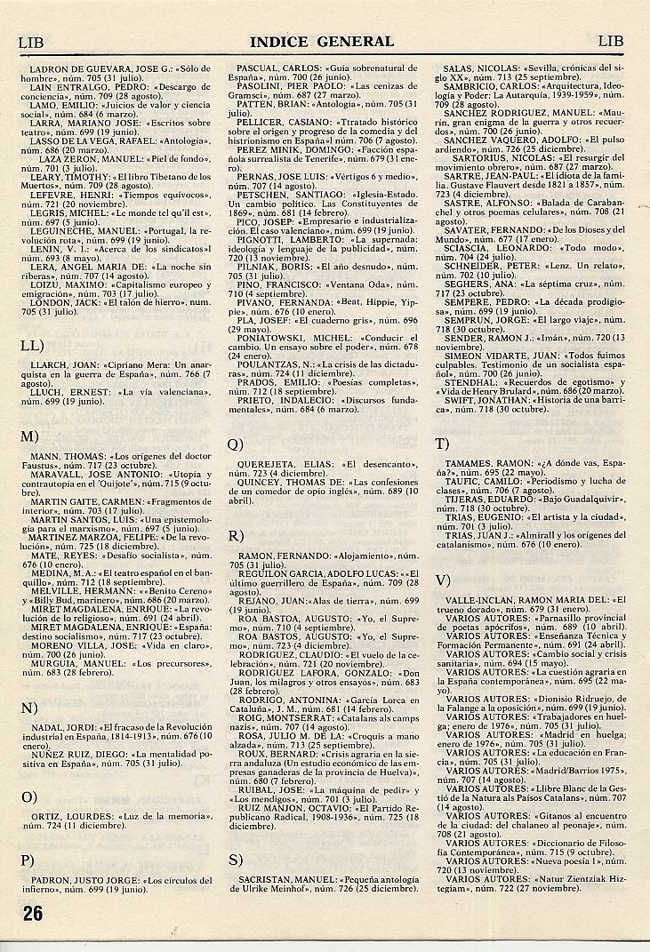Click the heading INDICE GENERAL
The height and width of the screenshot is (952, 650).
[322, 41]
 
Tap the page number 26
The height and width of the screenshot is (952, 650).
[33, 913]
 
